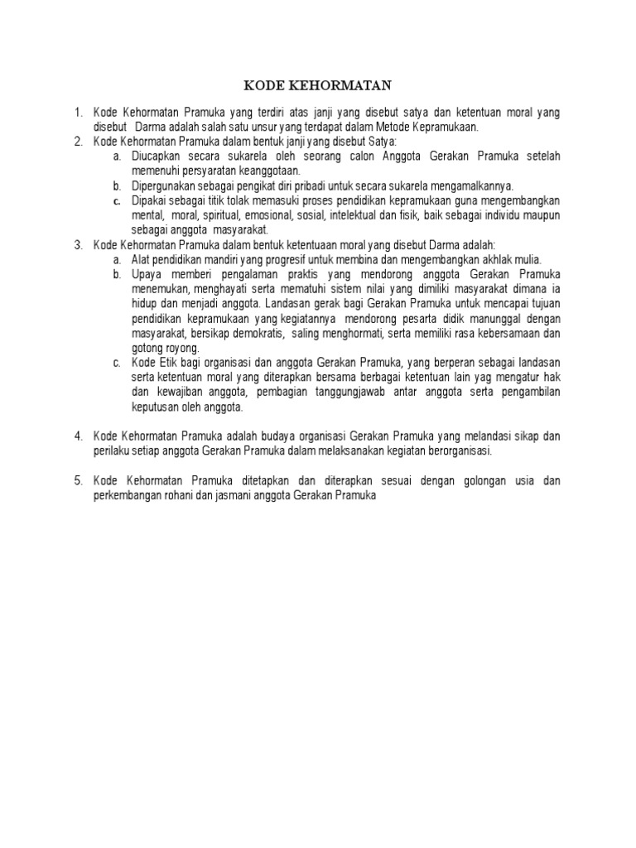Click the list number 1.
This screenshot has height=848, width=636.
(x=78, y=113)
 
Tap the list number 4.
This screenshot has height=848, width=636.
(x=78, y=436)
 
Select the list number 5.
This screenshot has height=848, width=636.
(x=78, y=480)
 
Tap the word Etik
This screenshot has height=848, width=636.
(x=171, y=364)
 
